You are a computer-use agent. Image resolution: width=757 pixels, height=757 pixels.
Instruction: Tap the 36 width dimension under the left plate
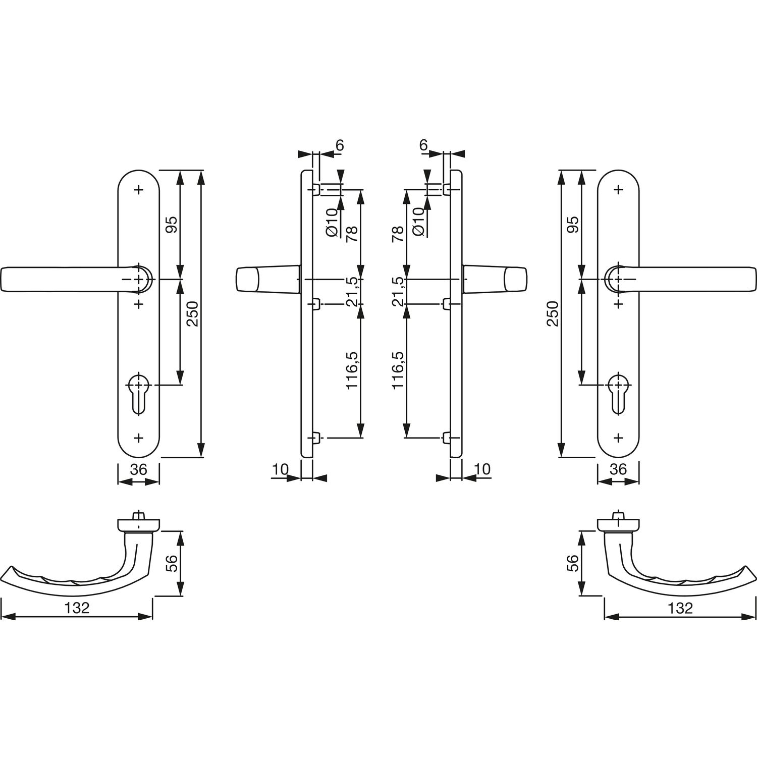(x=138, y=469)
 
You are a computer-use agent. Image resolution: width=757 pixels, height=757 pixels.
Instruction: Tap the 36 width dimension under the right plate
(x=618, y=469)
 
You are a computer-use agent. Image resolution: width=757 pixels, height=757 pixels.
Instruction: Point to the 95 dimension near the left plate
(x=172, y=224)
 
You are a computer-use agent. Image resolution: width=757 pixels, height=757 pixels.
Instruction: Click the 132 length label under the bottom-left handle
(x=77, y=608)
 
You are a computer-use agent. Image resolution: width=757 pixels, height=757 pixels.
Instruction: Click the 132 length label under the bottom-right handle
(x=680, y=608)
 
